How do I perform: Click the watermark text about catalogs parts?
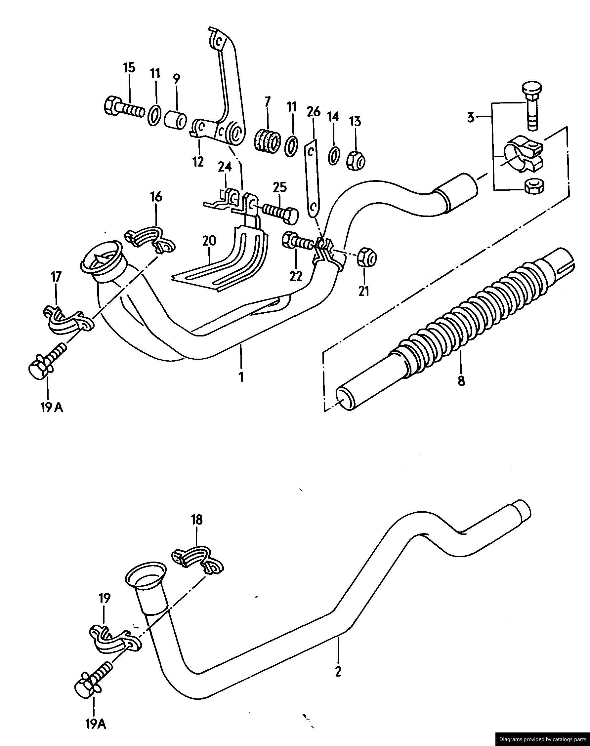542,739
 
